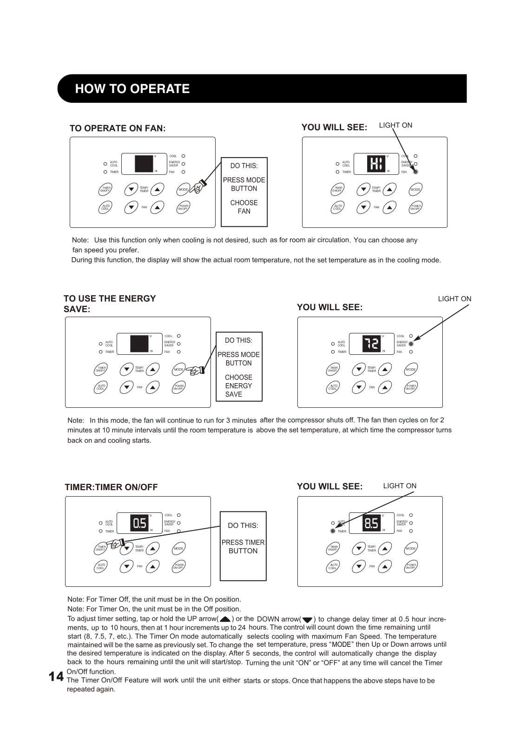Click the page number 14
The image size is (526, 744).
tap(56, 676)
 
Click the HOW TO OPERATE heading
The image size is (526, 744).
tap(132, 89)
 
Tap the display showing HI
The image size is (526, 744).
tap(376, 164)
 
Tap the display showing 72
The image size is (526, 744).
tap(371, 344)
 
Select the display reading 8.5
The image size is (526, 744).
tap(371, 523)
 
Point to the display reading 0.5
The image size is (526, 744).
tap(139, 523)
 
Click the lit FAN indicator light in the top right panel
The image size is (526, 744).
tap(415, 172)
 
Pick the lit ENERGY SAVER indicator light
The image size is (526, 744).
tap(411, 344)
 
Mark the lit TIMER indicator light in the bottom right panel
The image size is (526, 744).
tap(333, 531)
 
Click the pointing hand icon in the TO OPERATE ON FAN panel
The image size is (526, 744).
tap(199, 186)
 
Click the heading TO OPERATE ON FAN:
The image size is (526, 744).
tap(118, 128)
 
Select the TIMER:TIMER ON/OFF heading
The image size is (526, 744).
tap(111, 487)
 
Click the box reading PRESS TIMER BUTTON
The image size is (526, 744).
tap(243, 546)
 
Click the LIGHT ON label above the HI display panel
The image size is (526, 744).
tap(395, 125)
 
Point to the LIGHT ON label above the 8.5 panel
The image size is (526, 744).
tap(400, 486)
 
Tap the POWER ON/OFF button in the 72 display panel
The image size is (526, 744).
tap(411, 387)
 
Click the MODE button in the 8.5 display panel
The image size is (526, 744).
tap(411, 549)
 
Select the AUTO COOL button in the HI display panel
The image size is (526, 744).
tap(337, 207)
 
